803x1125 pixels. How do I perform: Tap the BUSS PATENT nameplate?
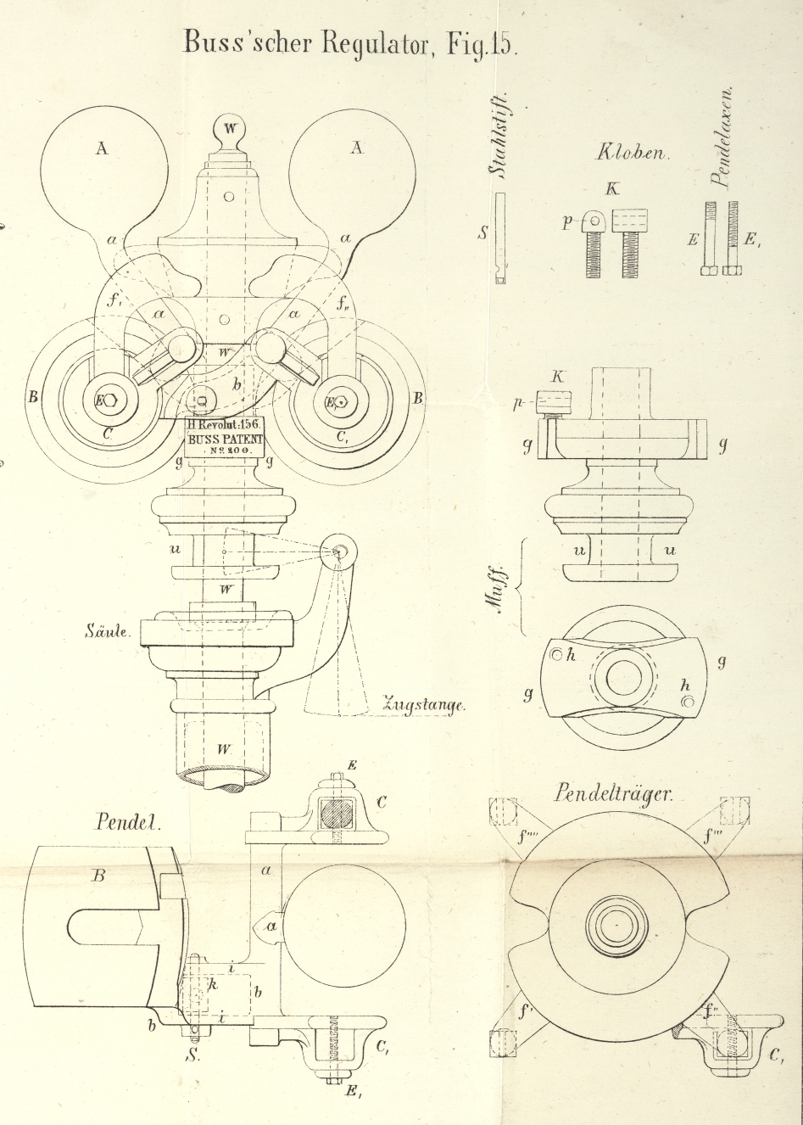[226, 435]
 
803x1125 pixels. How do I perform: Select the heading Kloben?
[633, 154]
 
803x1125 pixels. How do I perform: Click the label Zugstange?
[424, 704]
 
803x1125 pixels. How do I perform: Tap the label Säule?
[107, 631]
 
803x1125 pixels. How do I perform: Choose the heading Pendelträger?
[614, 794]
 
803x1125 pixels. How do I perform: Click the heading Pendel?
[128, 822]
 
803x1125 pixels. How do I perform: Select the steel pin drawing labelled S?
[499, 238]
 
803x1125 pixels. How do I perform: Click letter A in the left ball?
[102, 148]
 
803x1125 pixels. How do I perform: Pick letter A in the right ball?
[357, 148]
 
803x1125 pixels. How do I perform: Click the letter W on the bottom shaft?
[223, 749]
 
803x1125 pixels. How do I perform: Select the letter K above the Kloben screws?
[612, 188]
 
